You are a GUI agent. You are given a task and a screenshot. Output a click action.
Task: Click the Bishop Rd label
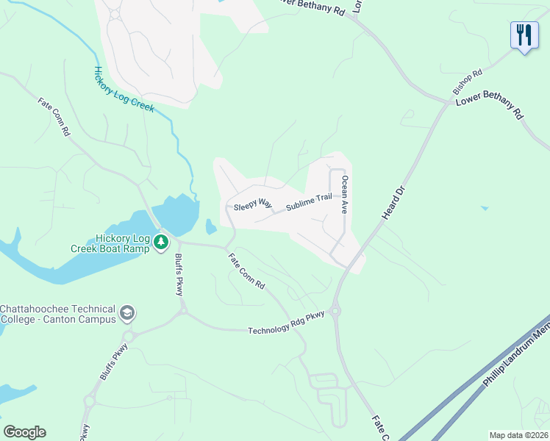[467, 84]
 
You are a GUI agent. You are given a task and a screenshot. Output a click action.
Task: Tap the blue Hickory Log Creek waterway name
[123, 89]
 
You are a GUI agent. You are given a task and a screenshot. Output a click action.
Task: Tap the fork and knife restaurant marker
[524, 35]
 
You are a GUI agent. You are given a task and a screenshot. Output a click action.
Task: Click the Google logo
[24, 432]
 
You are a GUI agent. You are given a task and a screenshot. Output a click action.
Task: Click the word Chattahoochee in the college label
[36, 309]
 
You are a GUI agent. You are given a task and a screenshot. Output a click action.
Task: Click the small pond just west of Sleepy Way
[211, 226]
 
